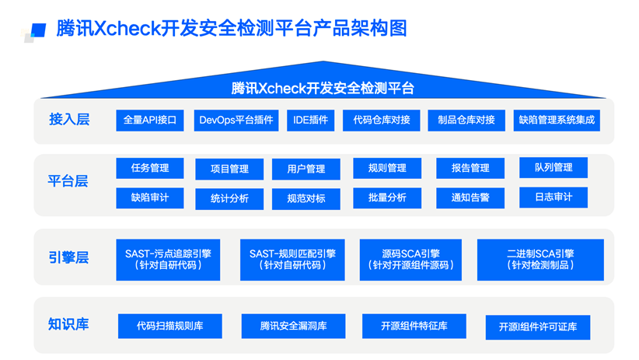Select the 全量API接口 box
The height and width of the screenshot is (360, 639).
pos(150,120)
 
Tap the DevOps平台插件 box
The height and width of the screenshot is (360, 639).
pos(236,120)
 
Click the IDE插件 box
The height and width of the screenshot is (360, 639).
pos(311,120)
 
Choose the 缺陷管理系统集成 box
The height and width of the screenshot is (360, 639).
pos(557,120)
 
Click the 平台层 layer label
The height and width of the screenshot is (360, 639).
pos(69,181)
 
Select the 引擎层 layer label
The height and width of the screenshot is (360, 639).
pos(69,257)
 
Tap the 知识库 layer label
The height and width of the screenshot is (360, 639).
pos(69,324)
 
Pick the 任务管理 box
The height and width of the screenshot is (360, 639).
pos(150,168)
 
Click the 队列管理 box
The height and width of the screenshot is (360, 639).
pos(553,167)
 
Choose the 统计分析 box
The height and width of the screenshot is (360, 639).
pos(229,198)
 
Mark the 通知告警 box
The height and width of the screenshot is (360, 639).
pos(470,197)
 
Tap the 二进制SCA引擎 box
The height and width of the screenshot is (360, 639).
pos(540,259)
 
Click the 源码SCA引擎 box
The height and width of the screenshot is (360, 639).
pos(410,259)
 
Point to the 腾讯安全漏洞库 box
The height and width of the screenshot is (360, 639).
pos(293,326)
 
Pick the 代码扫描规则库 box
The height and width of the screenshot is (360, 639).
pos(169,326)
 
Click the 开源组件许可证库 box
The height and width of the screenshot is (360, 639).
pos(538,327)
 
